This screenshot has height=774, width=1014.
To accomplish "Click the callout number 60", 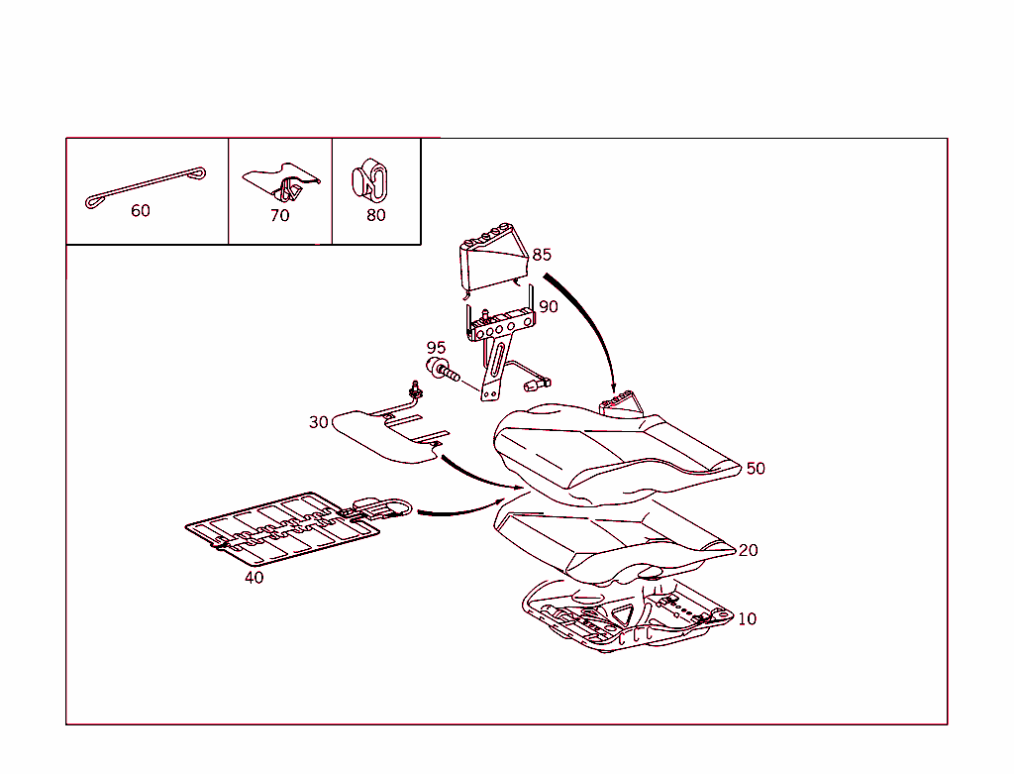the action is coord(141,210).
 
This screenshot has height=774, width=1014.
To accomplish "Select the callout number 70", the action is coord(279,215).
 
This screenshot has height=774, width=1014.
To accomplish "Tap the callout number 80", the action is coord(375,215).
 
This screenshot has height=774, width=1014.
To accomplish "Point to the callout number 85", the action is coord(542,255).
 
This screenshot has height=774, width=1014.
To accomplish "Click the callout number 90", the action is coord(549,307).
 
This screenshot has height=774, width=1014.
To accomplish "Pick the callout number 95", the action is coord(436,348).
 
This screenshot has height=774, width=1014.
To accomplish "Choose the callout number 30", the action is coord(319,422).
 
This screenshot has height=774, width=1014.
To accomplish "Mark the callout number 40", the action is coord(254,577).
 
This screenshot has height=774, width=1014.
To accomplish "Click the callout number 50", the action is coord(756,469).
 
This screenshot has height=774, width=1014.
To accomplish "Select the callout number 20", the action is coord(748,550).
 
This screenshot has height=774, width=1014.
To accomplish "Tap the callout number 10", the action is coord(747,619).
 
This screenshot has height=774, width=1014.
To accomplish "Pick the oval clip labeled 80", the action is coord(370,179).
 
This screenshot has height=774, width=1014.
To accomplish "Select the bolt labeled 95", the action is coord(443,369).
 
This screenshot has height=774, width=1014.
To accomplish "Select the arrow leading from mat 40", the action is coord(460,510).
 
